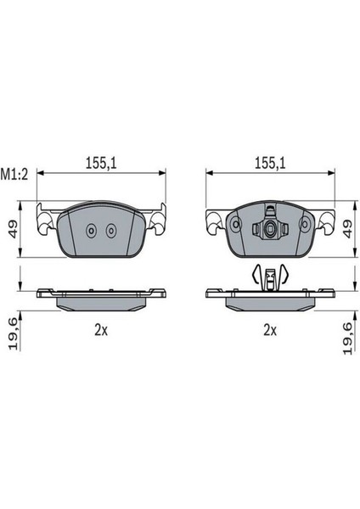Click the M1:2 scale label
(14, 175)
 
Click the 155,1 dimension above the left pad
(101, 163)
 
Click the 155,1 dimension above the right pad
(270, 163)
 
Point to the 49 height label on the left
(13, 230)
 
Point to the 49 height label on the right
(347, 230)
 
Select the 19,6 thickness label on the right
(347, 338)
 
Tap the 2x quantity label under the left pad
(101, 331)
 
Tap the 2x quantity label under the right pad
(270, 331)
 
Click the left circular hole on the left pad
(91, 231)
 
